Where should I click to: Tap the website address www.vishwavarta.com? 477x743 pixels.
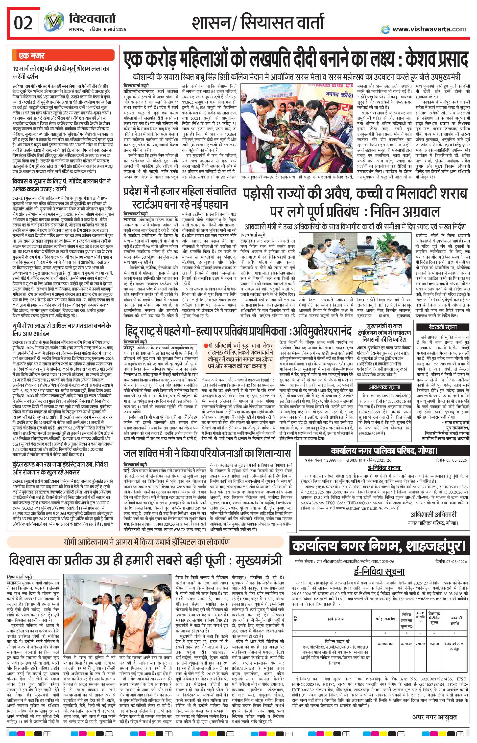coord(429,29)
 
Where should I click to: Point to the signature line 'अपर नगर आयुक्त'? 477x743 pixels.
coord(434,725)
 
